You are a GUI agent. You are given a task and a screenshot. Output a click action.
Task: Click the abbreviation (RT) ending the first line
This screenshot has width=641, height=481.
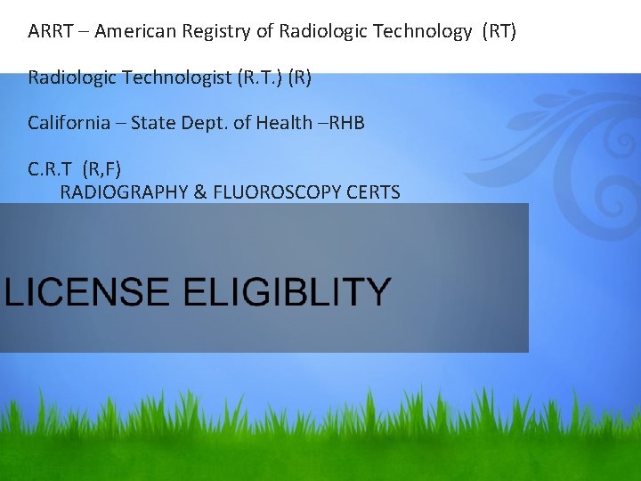(499, 32)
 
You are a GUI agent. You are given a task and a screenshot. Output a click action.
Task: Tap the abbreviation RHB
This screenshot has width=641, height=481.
(346, 123)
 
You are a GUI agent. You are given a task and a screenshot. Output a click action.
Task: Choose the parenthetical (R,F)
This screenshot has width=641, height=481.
(101, 168)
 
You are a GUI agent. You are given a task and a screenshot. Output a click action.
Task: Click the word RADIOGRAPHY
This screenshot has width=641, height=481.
(125, 192)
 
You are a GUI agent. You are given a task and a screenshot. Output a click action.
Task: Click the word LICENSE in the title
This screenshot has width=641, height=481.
(87, 292)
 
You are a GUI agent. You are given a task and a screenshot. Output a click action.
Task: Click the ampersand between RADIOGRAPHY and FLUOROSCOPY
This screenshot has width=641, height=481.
(200, 192)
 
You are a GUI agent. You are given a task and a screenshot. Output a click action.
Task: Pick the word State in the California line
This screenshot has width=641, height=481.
(151, 123)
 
